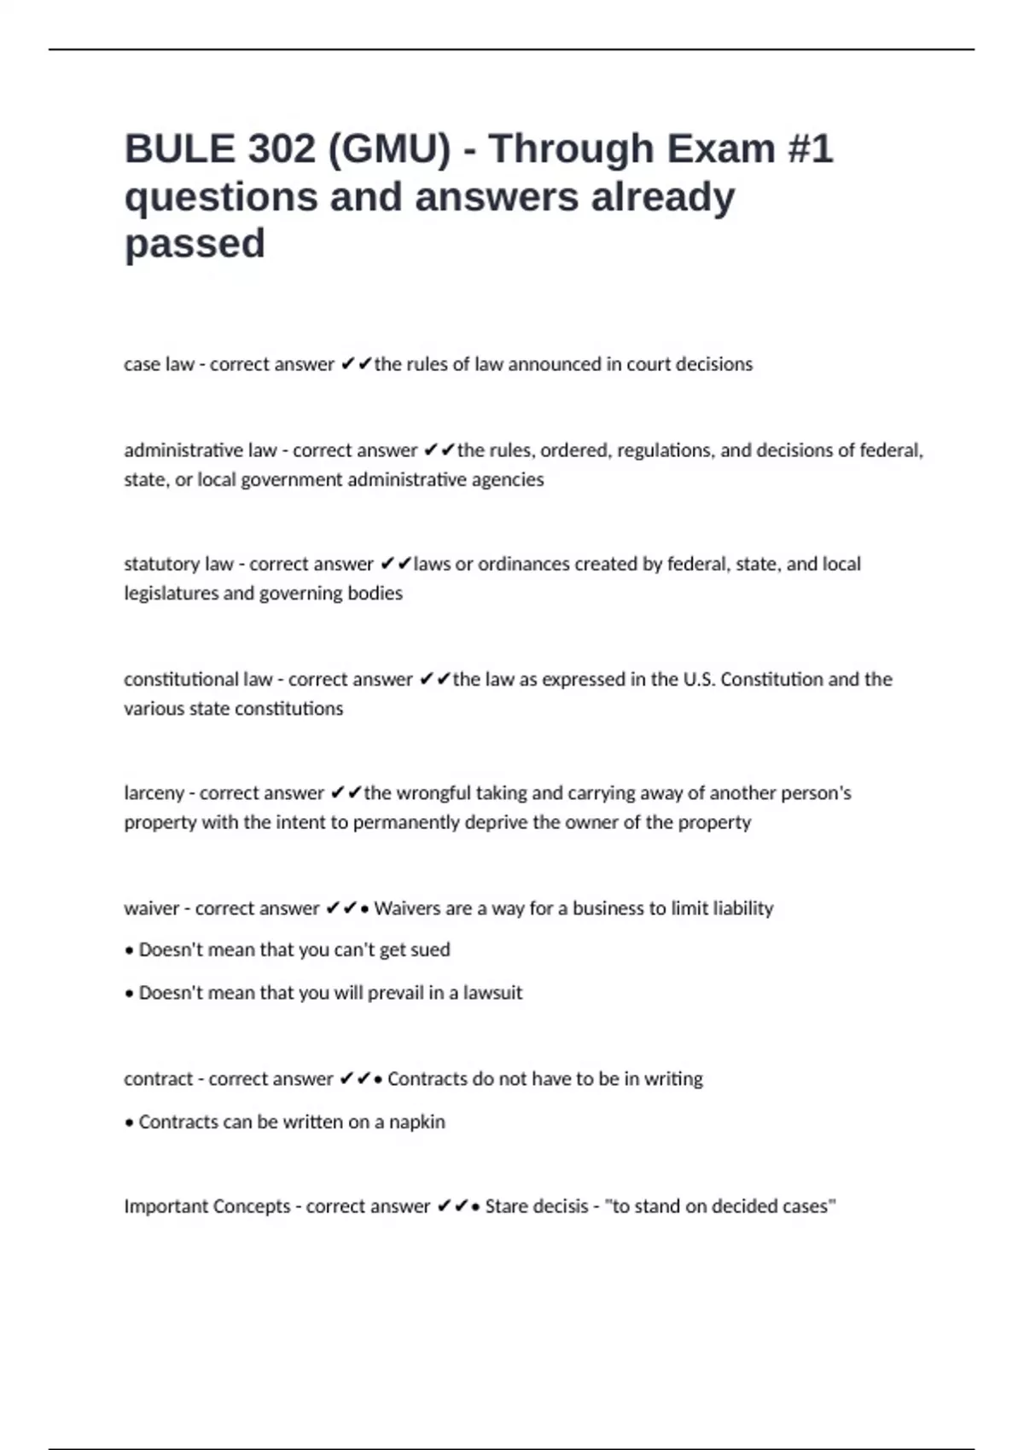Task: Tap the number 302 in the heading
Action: tap(282, 149)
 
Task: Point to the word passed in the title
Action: tap(195, 244)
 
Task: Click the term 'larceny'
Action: tap(154, 793)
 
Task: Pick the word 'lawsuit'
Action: tap(492, 993)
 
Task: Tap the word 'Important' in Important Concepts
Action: tap(165, 1207)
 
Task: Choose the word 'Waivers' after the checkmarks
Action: tap(406, 908)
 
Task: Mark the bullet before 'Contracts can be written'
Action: tap(129, 1122)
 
